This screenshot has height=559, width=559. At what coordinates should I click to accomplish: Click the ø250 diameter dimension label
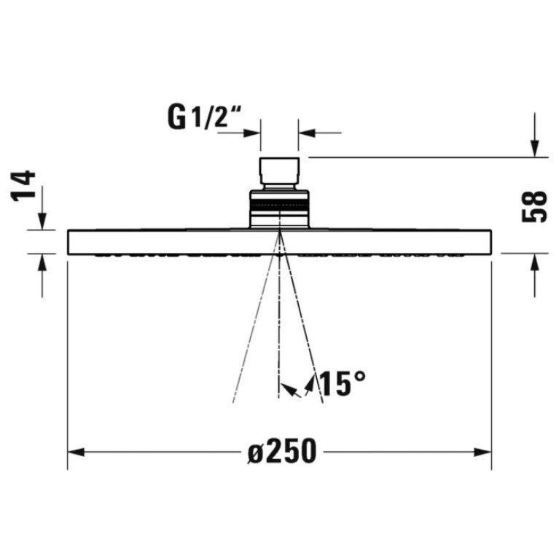coord(282,451)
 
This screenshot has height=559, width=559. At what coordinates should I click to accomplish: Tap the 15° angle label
coord(343,383)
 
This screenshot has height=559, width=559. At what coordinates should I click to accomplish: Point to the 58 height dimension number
coord(533,207)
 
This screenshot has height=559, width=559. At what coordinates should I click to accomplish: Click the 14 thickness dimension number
coord(24,186)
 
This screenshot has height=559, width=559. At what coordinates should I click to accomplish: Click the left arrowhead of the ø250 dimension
coord(76,453)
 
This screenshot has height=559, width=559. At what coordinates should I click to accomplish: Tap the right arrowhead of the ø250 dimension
coord(482,453)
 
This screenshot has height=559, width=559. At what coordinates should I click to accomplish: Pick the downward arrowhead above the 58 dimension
coord(534,148)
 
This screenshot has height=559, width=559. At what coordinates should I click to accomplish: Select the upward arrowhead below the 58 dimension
coord(534,262)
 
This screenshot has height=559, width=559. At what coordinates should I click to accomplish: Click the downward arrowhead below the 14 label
coord(42,221)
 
